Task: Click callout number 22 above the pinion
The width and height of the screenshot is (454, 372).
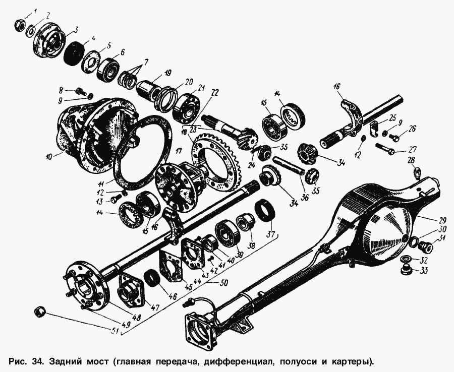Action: click(215, 93)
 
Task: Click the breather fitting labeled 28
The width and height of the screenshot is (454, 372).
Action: click(418, 172)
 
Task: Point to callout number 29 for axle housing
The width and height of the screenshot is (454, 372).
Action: click(442, 221)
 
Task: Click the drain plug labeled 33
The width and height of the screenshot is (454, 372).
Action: click(406, 271)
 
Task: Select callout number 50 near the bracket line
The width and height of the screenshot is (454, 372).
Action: click(224, 282)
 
